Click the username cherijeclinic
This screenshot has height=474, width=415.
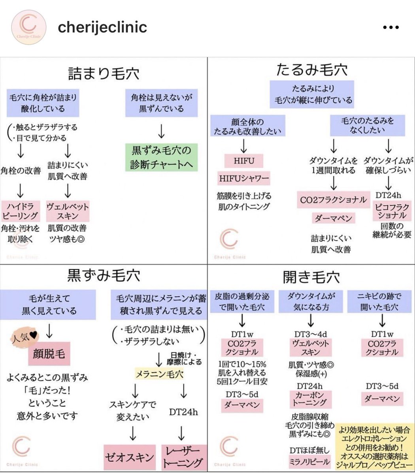point(102,27)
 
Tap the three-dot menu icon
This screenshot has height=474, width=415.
point(391,28)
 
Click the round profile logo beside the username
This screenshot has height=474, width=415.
point(28,27)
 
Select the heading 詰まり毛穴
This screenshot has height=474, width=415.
point(104,73)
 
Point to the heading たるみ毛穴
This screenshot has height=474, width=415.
point(311,70)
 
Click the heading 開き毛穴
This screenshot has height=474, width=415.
point(311,277)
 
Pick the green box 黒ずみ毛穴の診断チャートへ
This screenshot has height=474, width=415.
point(161,157)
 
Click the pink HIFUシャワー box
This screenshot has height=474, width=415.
point(244,179)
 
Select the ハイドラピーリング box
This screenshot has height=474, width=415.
point(20,211)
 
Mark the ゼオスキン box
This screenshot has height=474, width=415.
point(129,457)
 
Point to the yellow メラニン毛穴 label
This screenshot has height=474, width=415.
point(159,374)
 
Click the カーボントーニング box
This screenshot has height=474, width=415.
point(310,399)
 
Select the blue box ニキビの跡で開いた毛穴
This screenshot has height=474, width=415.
point(379,301)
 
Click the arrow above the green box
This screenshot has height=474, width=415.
point(161,130)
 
